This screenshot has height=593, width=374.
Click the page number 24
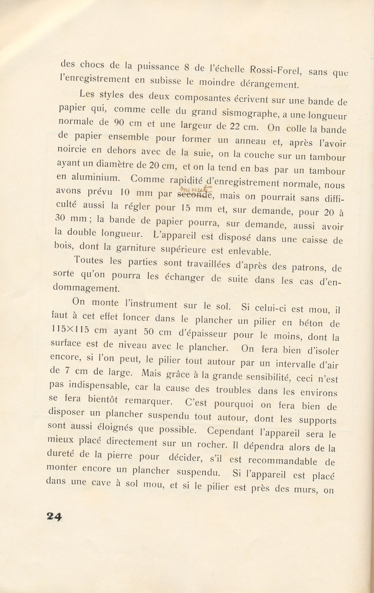[x=54, y=516]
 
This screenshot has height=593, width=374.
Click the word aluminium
[x=94, y=177]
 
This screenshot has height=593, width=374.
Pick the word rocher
[x=210, y=445]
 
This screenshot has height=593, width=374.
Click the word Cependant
[x=230, y=431]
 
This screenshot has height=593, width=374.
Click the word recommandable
[x=282, y=461]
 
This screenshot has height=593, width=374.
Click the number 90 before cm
[x=115, y=123]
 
